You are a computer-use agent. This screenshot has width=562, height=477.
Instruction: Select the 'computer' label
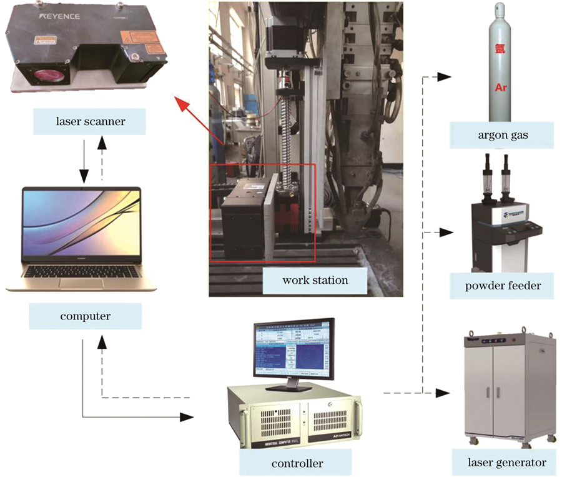[x=86, y=316]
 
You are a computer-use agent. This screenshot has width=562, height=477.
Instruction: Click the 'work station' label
[x=315, y=279]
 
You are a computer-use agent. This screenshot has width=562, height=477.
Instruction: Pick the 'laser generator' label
[x=506, y=463]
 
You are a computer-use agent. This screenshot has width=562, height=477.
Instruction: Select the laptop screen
[x=81, y=224]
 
